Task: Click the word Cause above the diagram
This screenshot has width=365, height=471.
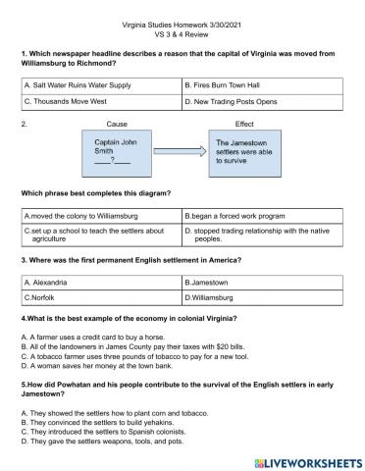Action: tap(117, 125)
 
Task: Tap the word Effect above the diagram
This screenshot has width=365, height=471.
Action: tap(244, 125)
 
